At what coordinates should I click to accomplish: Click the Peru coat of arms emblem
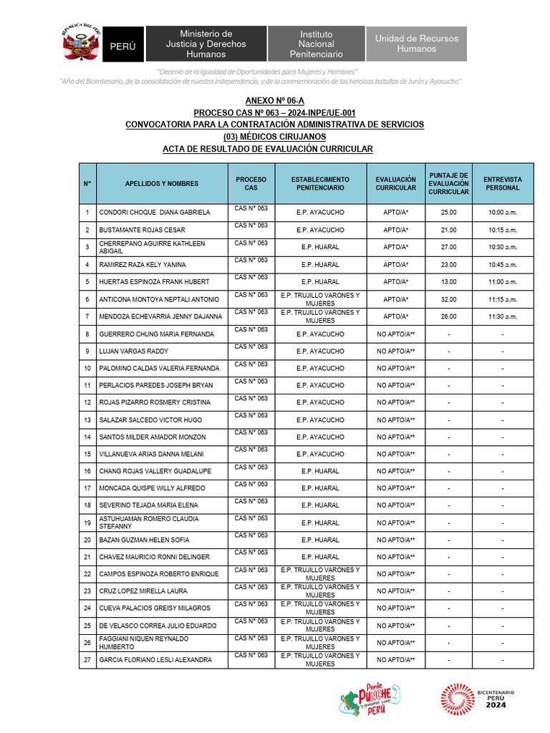(81, 44)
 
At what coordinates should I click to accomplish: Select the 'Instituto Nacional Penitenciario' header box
(316, 44)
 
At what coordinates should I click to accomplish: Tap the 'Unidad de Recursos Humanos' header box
(416, 44)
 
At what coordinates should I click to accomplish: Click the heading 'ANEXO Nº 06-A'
(274, 102)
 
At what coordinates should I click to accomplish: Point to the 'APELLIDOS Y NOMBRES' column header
(162, 184)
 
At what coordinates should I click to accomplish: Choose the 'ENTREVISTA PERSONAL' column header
(502, 184)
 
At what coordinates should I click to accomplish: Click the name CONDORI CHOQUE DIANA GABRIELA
(155, 213)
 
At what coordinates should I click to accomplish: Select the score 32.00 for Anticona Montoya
(448, 300)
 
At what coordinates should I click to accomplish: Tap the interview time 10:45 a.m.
(502, 265)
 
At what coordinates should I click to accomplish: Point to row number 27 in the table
(87, 660)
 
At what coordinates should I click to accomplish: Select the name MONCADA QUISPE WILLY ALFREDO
(152, 489)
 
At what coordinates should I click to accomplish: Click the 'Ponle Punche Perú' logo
(370, 699)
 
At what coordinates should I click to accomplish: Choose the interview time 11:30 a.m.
(502, 317)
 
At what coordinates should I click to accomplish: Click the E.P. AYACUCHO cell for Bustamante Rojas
(320, 230)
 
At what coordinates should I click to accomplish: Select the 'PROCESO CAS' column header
(251, 184)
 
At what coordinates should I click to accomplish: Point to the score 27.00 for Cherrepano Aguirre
(448, 248)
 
